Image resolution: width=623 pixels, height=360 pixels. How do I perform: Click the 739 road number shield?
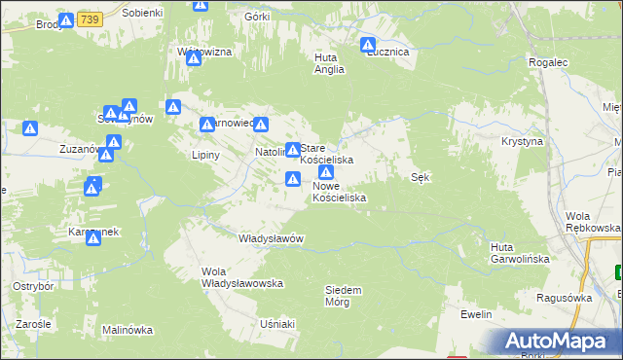pos(91,18)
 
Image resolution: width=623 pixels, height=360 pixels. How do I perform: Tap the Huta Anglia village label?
pos(325,63)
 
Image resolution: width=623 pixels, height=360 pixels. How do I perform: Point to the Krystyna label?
pos(522,141)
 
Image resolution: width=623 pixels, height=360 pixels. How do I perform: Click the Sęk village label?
pos(421,177)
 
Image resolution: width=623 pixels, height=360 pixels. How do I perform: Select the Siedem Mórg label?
pos(344,296)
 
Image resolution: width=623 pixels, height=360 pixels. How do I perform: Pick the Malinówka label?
pos(128,330)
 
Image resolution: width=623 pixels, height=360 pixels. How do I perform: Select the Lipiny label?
pos(205,155)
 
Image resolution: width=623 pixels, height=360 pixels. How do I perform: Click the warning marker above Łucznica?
pos(368,44)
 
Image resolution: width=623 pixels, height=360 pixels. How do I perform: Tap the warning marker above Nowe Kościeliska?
pos(326,172)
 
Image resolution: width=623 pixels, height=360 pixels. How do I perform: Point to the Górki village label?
pos(258,18)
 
